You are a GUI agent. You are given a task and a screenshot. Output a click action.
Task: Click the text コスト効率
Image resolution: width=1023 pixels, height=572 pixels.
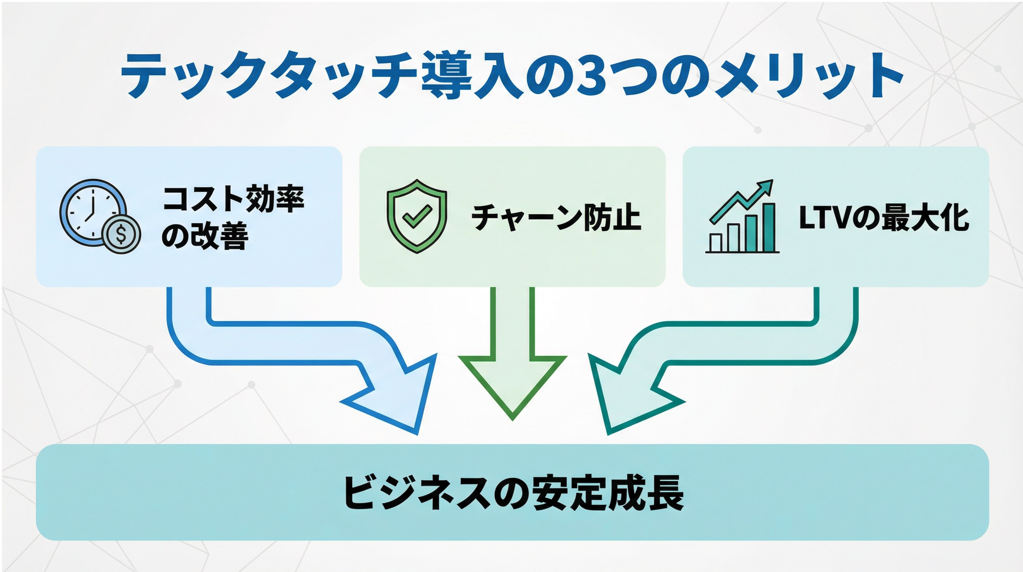click(x=233, y=199)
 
